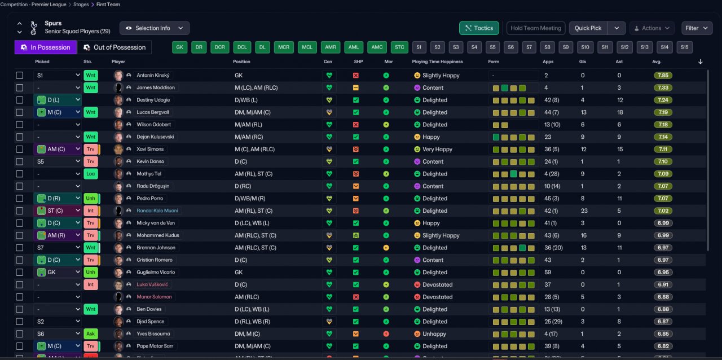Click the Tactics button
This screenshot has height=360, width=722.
pos(479,28)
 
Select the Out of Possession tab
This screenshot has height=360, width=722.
pos(114,47)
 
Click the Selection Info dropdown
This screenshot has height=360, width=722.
pos(154,28)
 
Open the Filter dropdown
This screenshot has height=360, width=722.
pos(697,28)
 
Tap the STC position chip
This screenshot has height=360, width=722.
pos(399,47)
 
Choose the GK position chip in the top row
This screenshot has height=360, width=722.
pos(180,47)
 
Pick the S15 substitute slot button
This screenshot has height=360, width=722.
pos(684,47)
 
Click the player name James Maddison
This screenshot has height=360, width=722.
pos(156,87)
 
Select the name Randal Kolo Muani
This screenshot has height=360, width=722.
pos(157,210)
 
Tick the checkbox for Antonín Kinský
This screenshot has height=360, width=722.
pos(20,75)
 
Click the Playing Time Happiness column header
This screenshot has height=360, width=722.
pos(437,62)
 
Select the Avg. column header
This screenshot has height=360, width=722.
pos(657,62)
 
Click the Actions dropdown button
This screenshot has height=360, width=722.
pos(651,28)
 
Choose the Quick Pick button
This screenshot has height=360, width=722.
pos(588,28)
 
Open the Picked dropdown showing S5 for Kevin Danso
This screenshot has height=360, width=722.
pos(58,161)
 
